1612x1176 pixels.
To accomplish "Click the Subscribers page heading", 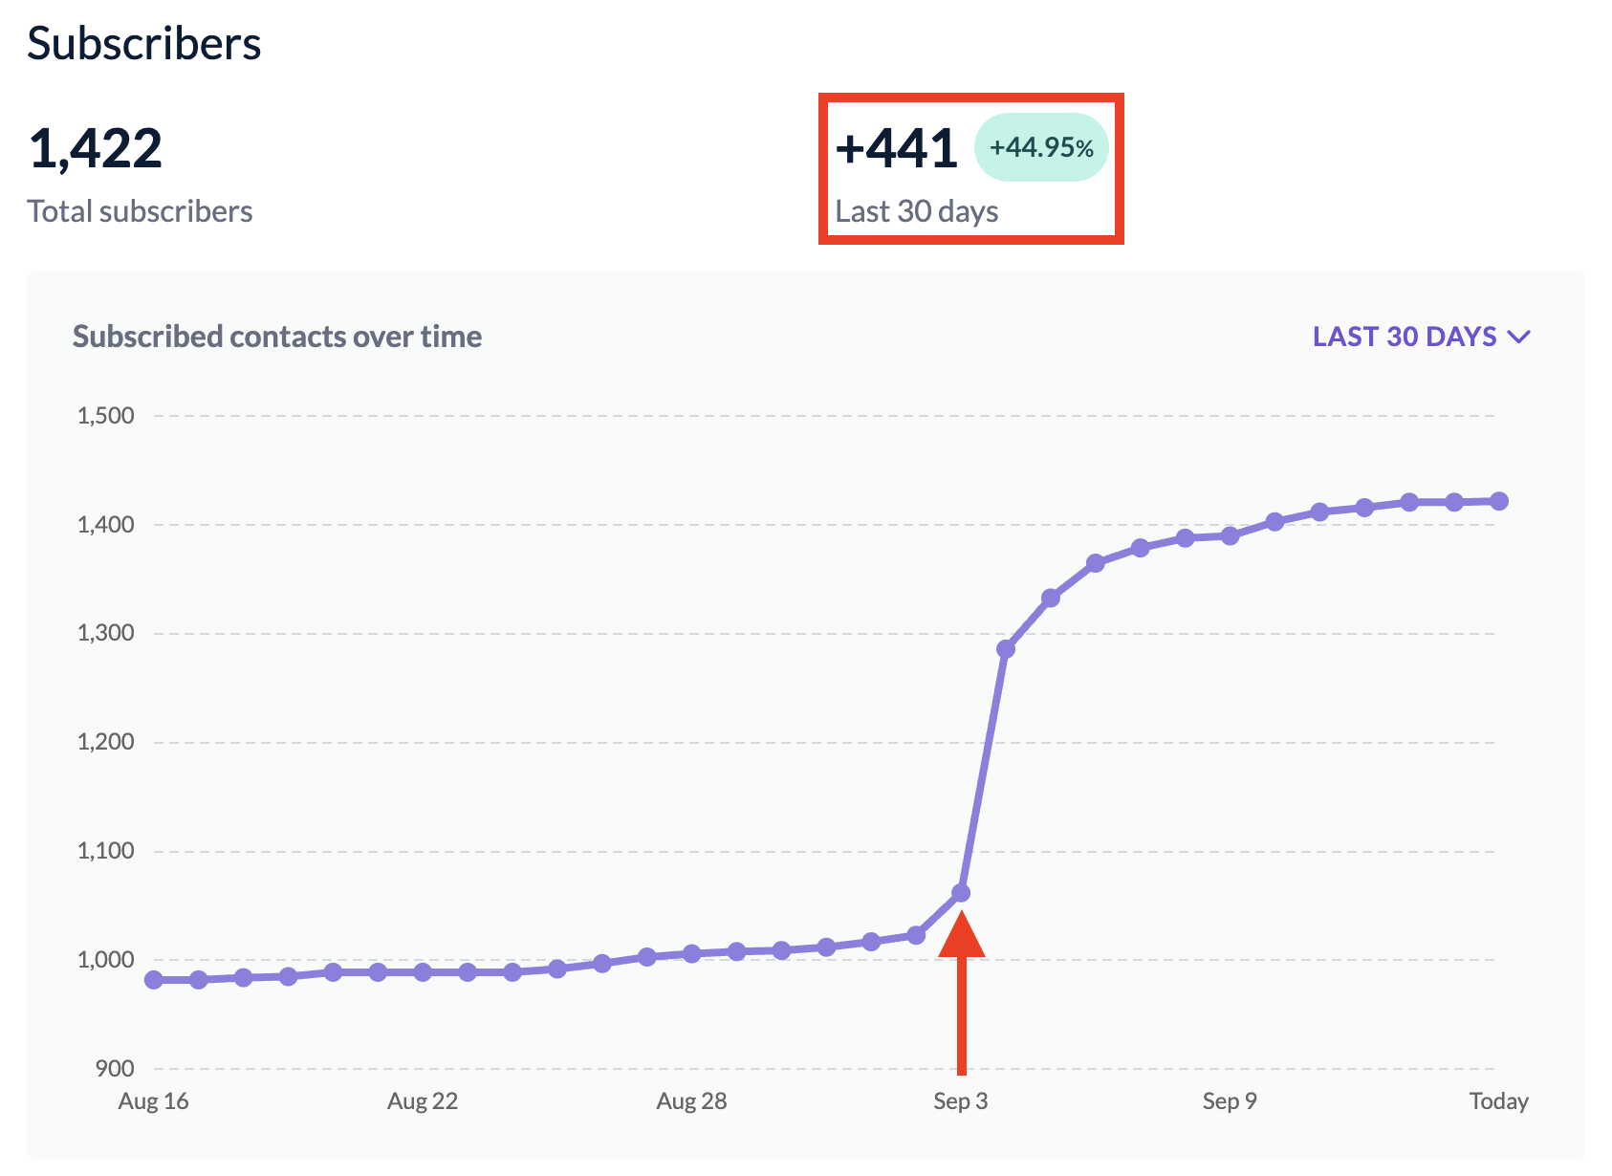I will (x=143, y=44).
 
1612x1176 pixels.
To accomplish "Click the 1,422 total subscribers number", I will (x=96, y=149).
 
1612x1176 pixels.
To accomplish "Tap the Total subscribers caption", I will (x=140, y=211).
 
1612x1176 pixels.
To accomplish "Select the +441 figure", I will (x=896, y=149).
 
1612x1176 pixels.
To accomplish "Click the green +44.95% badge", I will (x=1041, y=147).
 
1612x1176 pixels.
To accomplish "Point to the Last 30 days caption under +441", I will (x=916, y=211).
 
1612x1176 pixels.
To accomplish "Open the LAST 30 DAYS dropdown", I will (x=1421, y=337).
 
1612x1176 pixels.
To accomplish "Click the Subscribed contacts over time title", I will (x=277, y=337).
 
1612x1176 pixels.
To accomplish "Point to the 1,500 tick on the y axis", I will (x=105, y=416).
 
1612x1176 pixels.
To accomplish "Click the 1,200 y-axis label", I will (x=105, y=742).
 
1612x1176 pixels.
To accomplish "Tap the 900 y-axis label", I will (x=115, y=1068).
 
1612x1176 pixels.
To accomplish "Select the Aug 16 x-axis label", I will (x=153, y=1101).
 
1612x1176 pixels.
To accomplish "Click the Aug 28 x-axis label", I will (x=691, y=1101).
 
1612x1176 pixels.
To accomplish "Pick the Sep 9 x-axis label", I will (x=1230, y=1101).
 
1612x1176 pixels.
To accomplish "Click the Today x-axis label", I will (x=1498, y=1101).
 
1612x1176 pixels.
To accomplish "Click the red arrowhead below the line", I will (x=961, y=936).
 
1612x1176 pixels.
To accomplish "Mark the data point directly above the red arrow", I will (x=961, y=893).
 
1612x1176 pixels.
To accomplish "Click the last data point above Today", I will (x=1499, y=501).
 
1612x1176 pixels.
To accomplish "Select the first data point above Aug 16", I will (x=153, y=980).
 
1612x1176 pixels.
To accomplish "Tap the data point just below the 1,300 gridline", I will (x=1006, y=649).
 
